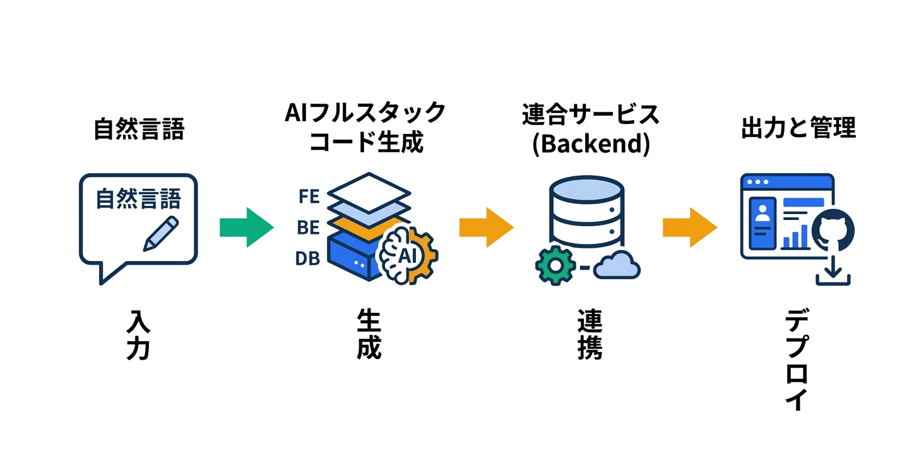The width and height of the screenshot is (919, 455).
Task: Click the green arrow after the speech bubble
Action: point(246,227)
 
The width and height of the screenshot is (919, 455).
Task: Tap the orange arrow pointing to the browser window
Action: point(689,227)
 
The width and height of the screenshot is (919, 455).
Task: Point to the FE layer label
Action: point(309,197)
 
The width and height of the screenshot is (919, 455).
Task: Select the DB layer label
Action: point(308,258)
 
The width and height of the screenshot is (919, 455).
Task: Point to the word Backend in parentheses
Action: point(591,144)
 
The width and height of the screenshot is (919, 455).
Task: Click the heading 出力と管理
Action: point(798,128)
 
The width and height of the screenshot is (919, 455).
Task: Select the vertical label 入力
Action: point(138,335)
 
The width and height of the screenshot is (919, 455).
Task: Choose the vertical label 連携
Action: point(590,335)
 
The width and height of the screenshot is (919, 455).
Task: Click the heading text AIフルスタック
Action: point(365,113)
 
